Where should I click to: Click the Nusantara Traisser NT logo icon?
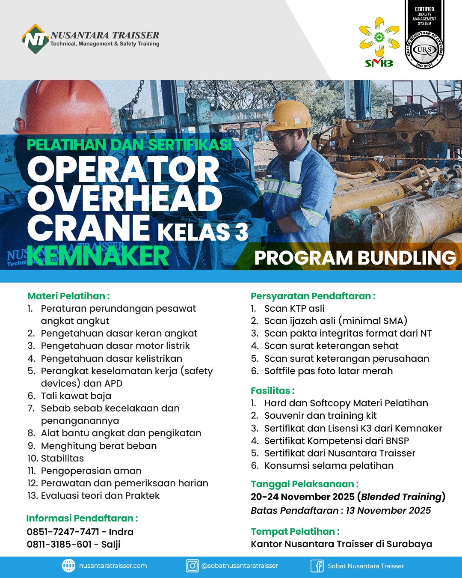[35, 39]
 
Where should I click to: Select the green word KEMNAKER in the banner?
[98, 256]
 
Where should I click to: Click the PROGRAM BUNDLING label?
[355, 258]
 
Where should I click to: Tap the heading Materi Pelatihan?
[68, 296]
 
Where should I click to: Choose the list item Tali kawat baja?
[76, 396]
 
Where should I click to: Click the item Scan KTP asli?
[294, 308]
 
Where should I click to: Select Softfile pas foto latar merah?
[328, 371]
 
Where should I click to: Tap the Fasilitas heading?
[272, 390]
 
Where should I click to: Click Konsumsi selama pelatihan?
[329, 465]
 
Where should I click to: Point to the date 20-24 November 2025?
[302, 497]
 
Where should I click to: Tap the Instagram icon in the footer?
[192, 566]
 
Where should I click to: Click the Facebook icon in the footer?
[317, 566]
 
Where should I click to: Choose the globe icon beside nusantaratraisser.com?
[68, 566]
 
